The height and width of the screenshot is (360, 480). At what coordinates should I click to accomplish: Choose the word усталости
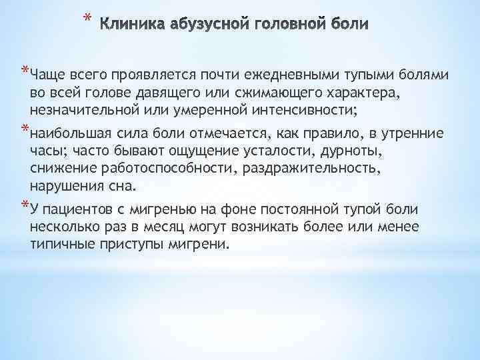click(x=249, y=149)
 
